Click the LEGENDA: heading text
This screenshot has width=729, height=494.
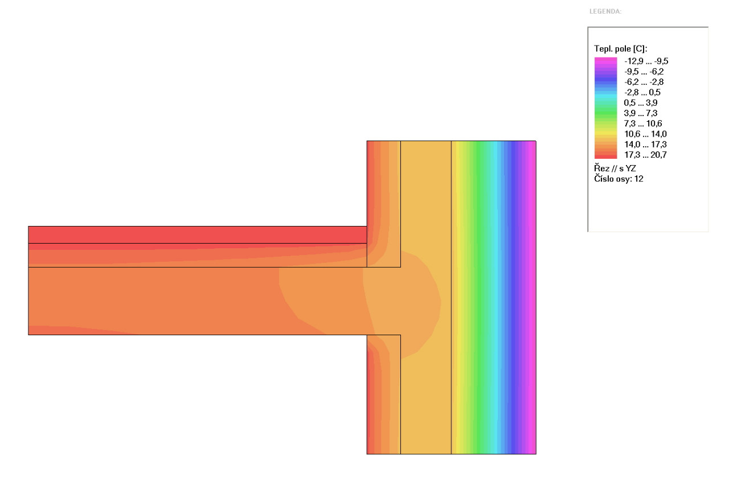coord(605,11)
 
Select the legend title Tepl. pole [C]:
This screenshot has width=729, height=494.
coord(621,49)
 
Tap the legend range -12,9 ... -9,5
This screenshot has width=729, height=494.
coord(646,61)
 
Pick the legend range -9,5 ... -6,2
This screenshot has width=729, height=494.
coord(644,72)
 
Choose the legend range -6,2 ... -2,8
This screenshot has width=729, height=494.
coord(644,82)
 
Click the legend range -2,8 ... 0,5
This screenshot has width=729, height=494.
coord(642,92)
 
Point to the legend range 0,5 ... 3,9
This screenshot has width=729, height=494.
coord(641,103)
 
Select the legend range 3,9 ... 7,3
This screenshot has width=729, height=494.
coord(641,113)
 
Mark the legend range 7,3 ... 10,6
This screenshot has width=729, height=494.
coord(643,124)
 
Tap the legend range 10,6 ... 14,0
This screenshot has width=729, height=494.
coord(645,134)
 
